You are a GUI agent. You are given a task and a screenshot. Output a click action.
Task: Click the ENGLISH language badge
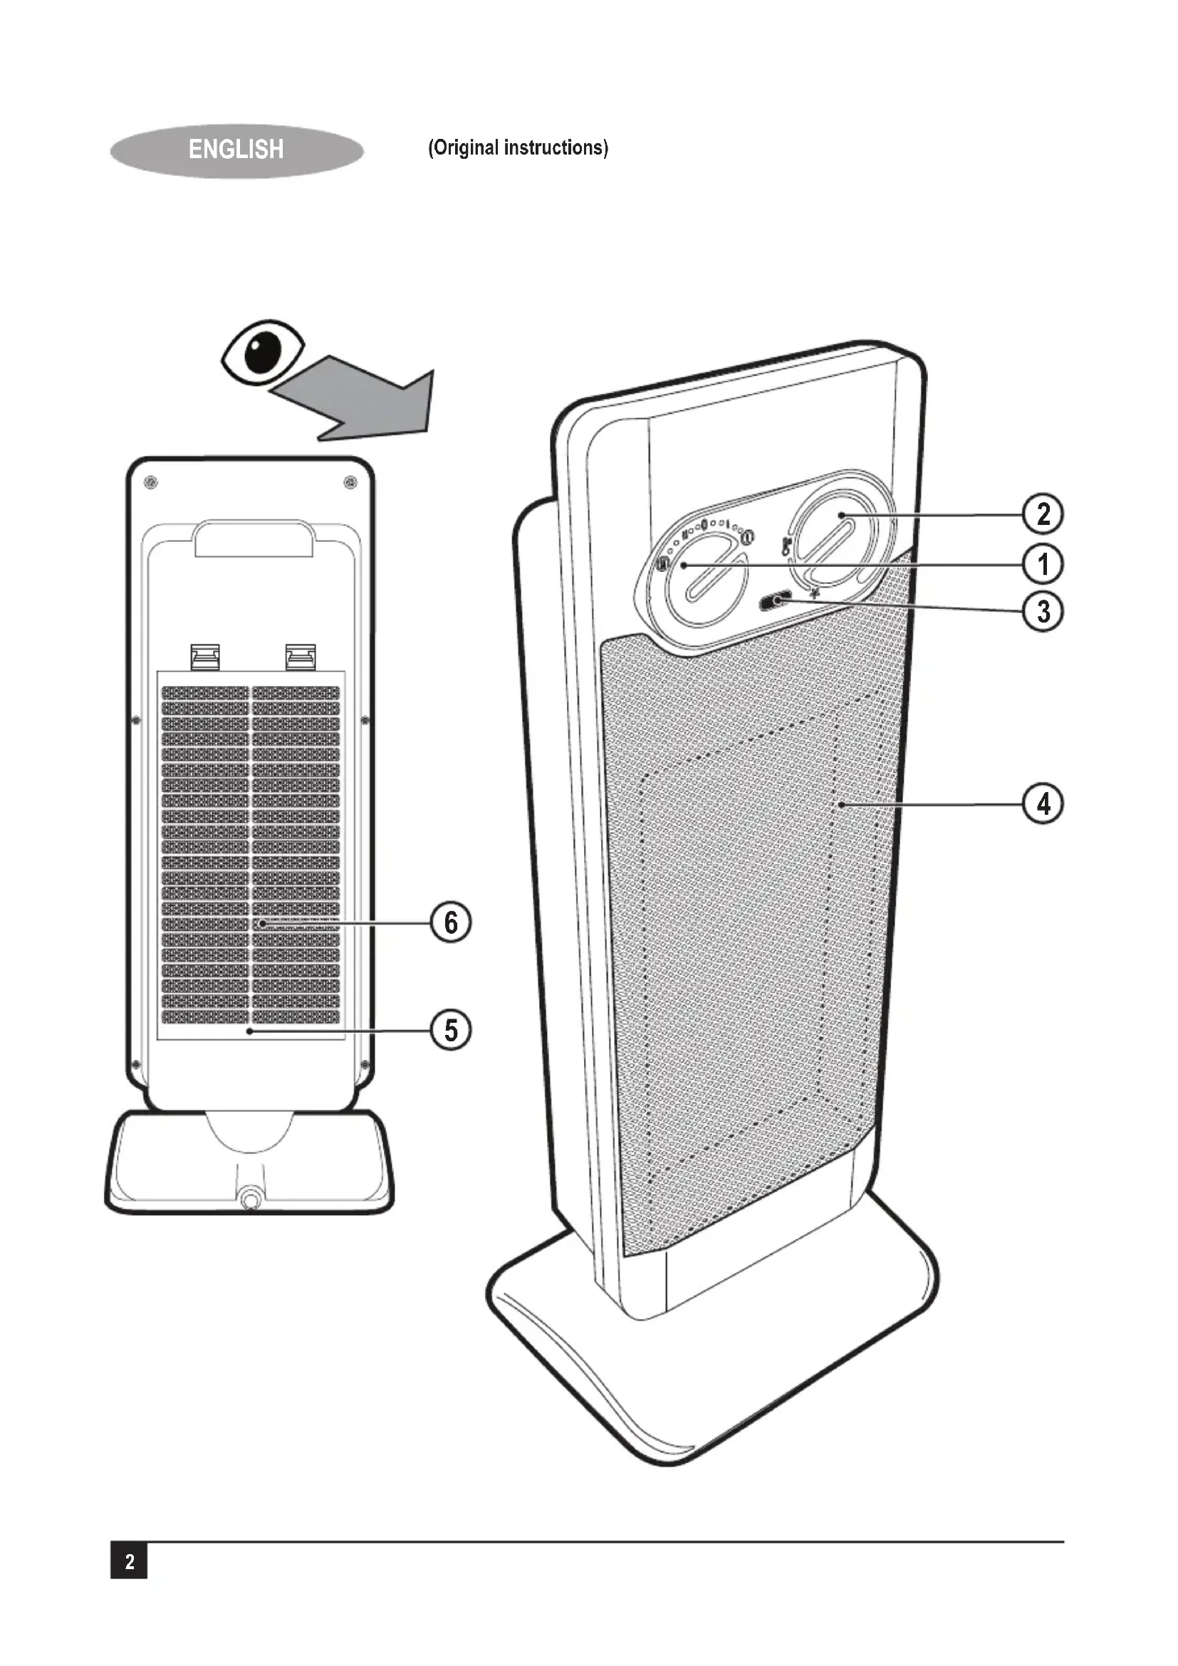tap(236, 150)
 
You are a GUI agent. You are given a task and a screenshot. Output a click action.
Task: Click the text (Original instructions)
tap(518, 148)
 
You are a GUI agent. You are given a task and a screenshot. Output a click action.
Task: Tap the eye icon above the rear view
tap(263, 351)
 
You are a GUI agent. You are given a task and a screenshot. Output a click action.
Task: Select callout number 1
tap(1043, 564)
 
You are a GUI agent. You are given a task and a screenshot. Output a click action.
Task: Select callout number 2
tap(1043, 514)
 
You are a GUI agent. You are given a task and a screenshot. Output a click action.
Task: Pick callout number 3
tap(1043, 611)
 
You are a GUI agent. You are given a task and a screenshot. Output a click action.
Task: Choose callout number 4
tap(1043, 804)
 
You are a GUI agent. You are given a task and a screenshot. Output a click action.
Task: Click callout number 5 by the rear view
tap(451, 1030)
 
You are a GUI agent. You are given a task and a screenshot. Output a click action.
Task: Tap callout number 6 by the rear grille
tap(451, 922)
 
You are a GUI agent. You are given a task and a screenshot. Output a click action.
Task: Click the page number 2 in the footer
tap(129, 1561)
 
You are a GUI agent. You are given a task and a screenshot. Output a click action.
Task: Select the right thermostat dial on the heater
tap(834, 537)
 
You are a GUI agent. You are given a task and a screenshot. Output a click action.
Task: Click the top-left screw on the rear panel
tap(151, 481)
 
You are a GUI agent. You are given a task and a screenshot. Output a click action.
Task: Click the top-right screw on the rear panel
tap(351, 481)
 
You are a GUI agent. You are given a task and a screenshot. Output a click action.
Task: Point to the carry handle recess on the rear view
tap(254, 538)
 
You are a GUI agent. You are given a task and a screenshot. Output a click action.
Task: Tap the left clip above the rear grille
tap(204, 656)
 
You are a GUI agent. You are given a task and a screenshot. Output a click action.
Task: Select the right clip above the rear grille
tap(301, 656)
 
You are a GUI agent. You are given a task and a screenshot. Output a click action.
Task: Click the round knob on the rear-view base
tap(251, 1197)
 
